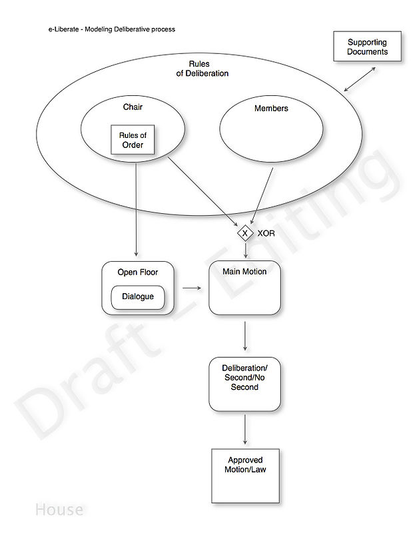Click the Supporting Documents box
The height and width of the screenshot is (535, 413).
pyautogui.click(x=367, y=47)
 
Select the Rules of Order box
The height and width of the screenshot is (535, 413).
pyautogui.click(x=133, y=139)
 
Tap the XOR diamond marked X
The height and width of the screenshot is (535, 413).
pyautogui.click(x=245, y=233)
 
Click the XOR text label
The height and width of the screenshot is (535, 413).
pyautogui.click(x=266, y=233)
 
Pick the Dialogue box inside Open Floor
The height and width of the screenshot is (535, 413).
pyautogui.click(x=138, y=298)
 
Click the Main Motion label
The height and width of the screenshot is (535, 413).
pyautogui.click(x=244, y=272)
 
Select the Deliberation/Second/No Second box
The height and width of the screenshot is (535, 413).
pyautogui.click(x=244, y=384)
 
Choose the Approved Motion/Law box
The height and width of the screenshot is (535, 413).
pyautogui.click(x=245, y=476)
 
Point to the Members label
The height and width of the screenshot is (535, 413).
pyautogui.click(x=271, y=109)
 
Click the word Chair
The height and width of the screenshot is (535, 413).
pyautogui.click(x=133, y=107)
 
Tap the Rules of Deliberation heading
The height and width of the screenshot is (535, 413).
pyautogui.click(x=203, y=69)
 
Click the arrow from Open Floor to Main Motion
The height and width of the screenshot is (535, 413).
pyautogui.click(x=192, y=288)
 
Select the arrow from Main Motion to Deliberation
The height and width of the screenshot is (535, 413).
pyautogui.click(x=245, y=336)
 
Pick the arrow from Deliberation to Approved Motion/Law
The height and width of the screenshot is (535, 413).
pyautogui.click(x=245, y=430)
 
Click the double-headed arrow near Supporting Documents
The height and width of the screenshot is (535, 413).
pyautogui.click(x=360, y=79)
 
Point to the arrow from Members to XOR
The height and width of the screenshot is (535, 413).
pyautogui.click(x=262, y=196)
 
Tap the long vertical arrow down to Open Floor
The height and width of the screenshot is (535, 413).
pyautogui.click(x=136, y=210)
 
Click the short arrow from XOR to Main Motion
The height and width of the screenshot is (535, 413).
pyautogui.click(x=246, y=251)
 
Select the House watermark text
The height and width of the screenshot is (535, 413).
pyautogui.click(x=59, y=510)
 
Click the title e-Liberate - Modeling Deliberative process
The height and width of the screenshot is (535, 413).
pyautogui.click(x=111, y=29)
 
